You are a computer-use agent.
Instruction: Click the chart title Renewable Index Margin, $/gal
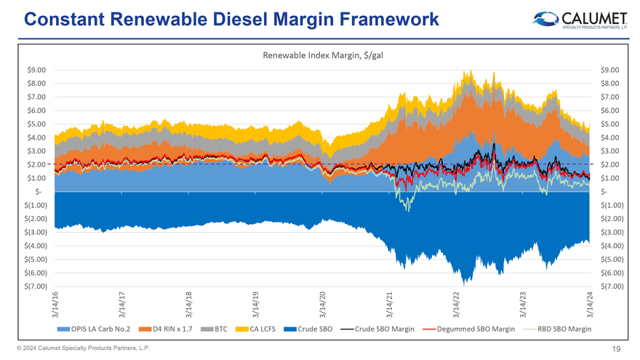[322, 55]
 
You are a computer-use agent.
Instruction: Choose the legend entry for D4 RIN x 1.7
[168, 329]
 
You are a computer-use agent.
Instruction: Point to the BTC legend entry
[216, 329]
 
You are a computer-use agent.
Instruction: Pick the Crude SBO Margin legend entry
[385, 329]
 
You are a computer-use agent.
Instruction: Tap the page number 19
[616, 348]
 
